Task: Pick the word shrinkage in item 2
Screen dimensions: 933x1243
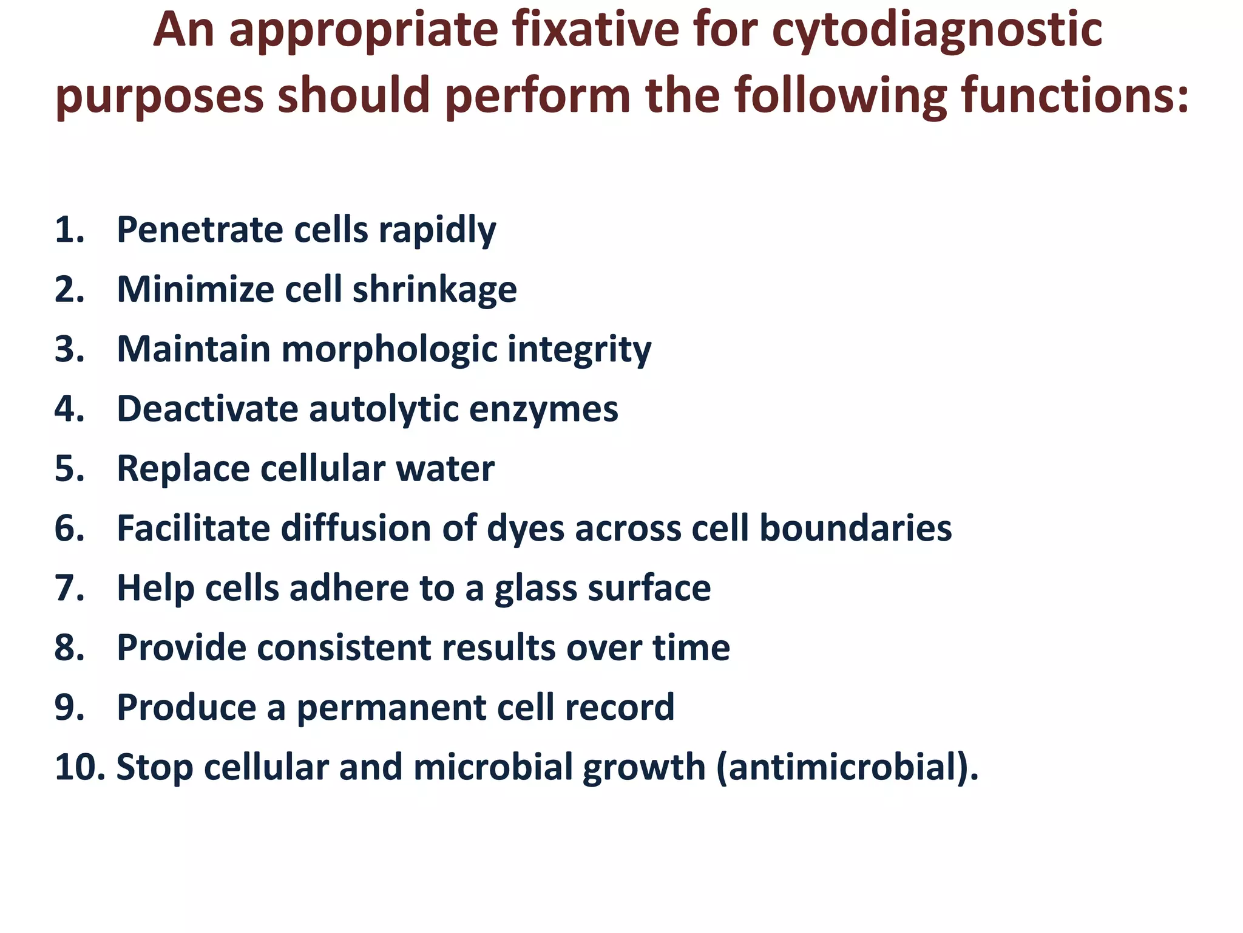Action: tap(435, 290)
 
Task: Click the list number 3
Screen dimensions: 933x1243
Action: tap(68, 349)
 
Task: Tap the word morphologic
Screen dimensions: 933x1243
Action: tap(388, 350)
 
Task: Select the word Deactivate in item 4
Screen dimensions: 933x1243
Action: tap(207, 408)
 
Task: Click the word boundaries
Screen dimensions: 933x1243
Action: tap(855, 528)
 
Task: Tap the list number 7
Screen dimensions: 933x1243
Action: tap(68, 588)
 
